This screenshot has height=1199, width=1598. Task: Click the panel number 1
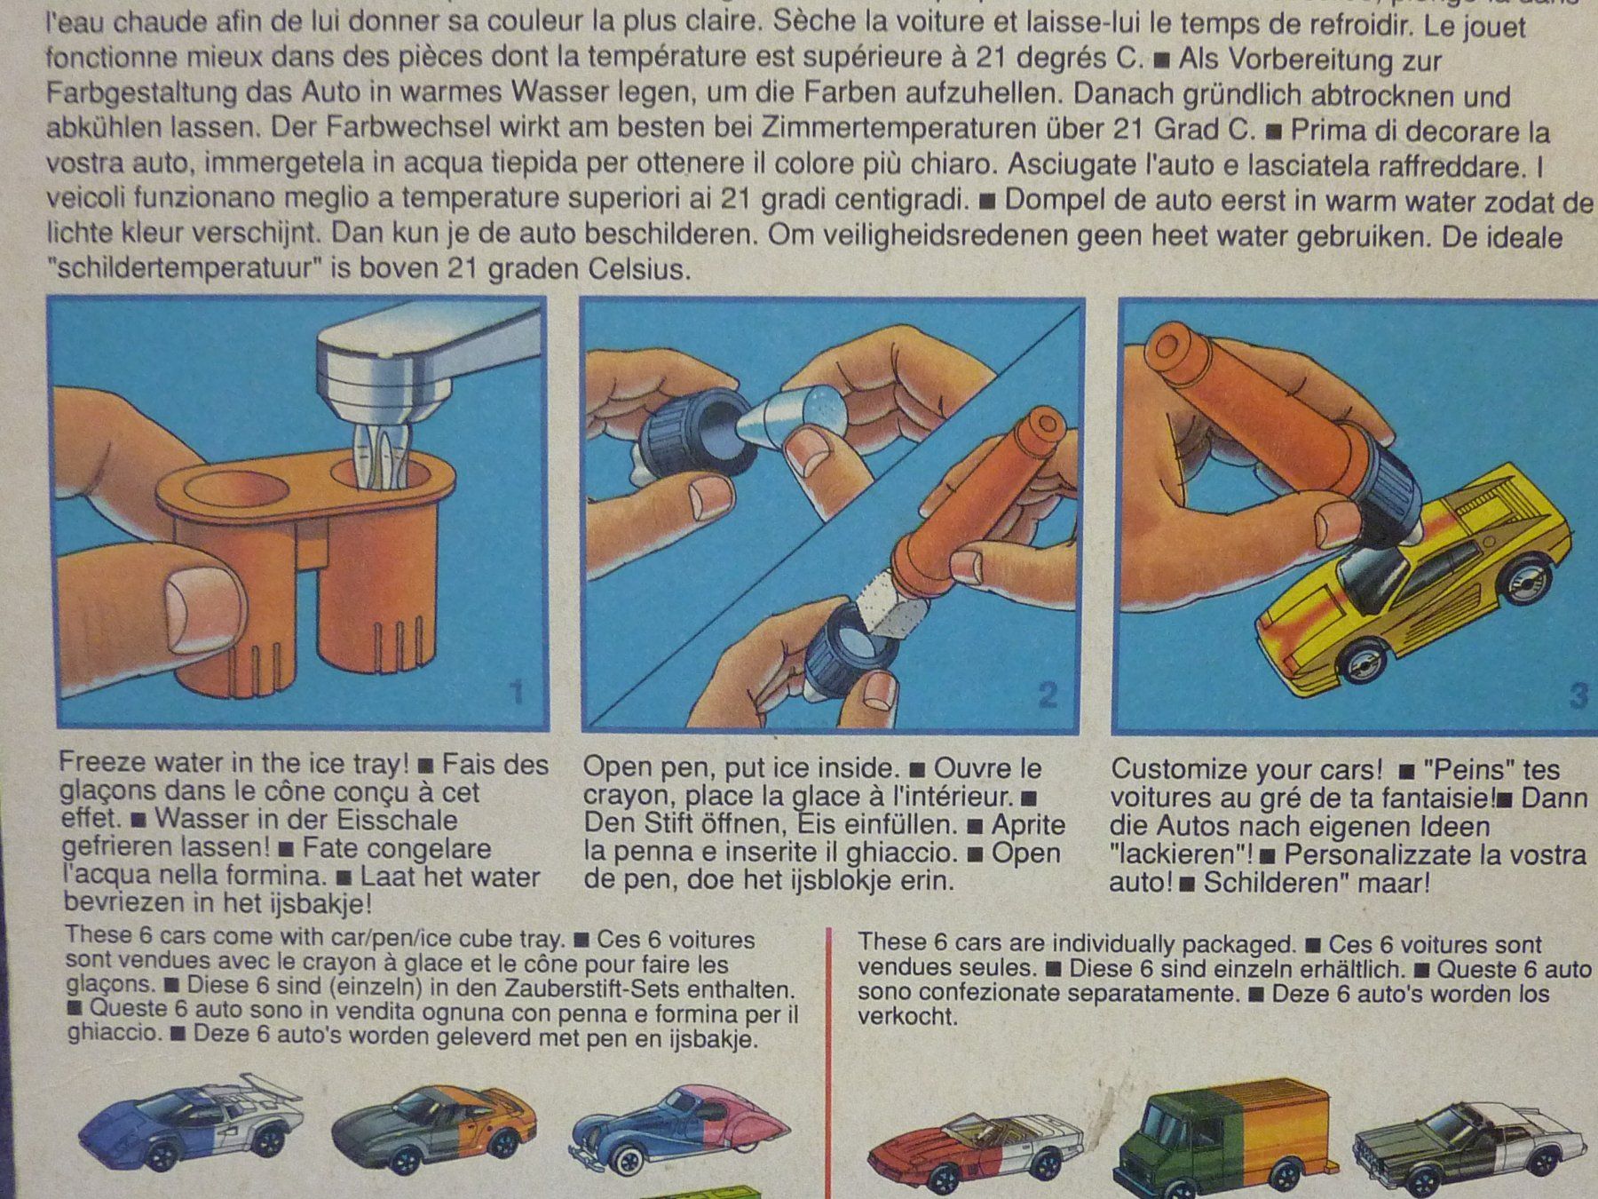(x=517, y=693)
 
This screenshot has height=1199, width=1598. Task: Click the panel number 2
(x=1048, y=695)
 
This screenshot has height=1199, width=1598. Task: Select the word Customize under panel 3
(x=1183, y=768)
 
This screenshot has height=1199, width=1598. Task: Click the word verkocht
(x=907, y=1017)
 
